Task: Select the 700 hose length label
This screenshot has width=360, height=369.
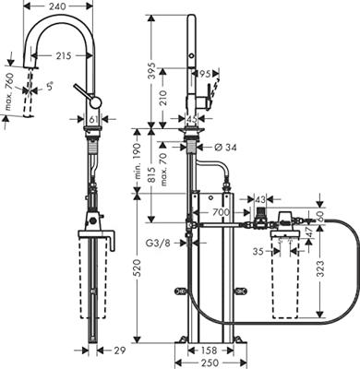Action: coord(222,213)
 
